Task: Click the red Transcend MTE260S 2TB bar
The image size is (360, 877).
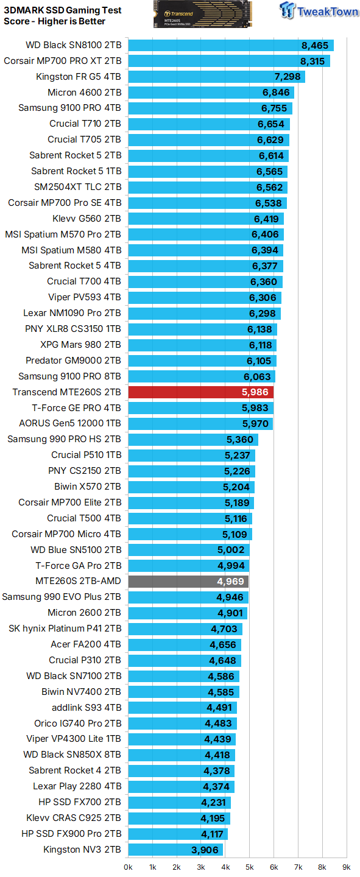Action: coord(200,392)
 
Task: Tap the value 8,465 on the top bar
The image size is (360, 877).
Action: coord(314,45)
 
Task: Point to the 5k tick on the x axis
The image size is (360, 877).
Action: coord(249,866)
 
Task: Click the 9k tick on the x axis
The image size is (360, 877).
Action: coord(346,866)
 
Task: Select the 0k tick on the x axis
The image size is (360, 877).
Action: coord(128,866)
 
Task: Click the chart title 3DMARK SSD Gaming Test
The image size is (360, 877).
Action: coord(62,10)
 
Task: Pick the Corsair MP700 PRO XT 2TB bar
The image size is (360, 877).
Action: coord(228,61)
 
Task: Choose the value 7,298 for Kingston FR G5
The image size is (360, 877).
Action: coord(288,77)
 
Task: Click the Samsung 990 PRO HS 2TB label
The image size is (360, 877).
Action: coord(64,439)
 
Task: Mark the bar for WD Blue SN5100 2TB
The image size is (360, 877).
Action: coord(188,549)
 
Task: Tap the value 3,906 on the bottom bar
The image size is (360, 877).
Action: coord(205,850)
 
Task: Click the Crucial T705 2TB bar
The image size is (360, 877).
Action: coord(208,139)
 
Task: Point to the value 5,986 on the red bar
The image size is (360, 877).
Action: coord(255,392)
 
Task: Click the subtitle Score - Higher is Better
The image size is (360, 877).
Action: coord(54,21)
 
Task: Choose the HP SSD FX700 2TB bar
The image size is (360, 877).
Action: coord(179,802)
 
